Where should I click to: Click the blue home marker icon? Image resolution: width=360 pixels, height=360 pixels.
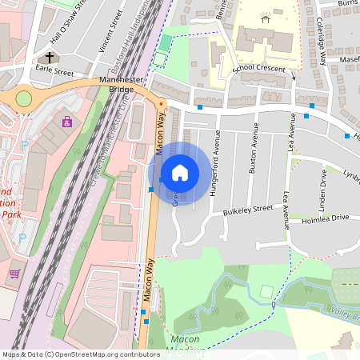click(x=180, y=173)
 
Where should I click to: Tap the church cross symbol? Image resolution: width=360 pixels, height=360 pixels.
click(x=50, y=58)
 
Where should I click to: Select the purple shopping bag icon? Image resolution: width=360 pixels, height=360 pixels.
click(x=66, y=122)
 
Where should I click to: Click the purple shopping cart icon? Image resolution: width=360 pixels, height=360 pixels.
click(x=14, y=274)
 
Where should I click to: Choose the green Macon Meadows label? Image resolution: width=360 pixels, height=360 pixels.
click(x=185, y=343)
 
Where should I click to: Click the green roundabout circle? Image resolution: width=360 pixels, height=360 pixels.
click(x=24, y=98)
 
